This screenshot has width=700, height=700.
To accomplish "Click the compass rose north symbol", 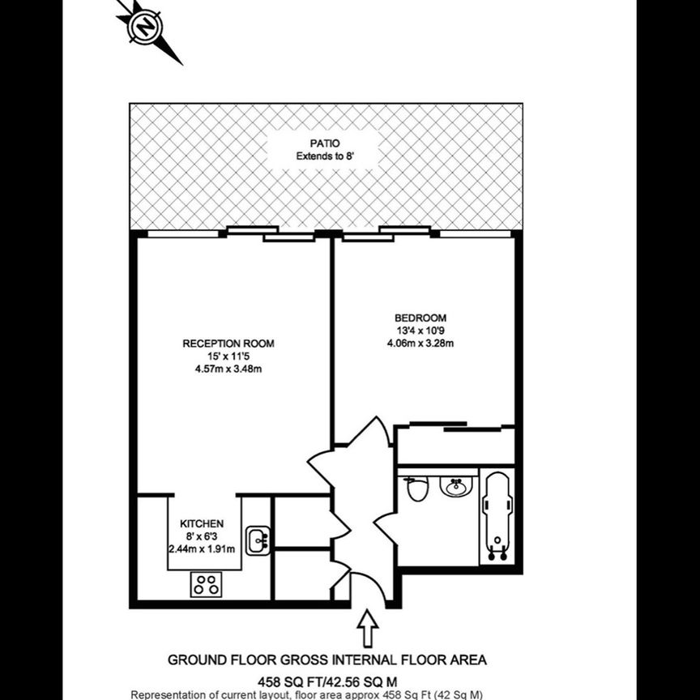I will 147,28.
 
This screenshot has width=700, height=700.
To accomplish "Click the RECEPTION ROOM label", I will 228,344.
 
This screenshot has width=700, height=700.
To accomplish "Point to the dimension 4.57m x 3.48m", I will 228,369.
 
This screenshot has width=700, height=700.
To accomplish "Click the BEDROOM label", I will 420,318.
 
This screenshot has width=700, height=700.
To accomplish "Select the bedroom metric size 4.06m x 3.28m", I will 420,343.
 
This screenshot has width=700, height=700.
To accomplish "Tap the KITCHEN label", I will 202,523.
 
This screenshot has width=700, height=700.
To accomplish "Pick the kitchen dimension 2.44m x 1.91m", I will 202,548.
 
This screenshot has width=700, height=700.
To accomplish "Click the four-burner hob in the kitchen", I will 206,584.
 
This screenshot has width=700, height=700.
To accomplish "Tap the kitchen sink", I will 258,540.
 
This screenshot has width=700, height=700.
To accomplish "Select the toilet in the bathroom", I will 417,489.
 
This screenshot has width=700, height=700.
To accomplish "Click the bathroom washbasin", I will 456,486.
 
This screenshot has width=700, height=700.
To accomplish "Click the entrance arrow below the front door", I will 367,628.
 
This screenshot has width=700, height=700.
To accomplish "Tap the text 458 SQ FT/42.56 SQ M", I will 327,681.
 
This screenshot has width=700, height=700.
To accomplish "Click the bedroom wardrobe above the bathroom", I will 455,445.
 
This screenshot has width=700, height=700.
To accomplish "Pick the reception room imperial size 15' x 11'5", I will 228,356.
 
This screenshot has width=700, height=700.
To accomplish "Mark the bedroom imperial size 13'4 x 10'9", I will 420,331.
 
